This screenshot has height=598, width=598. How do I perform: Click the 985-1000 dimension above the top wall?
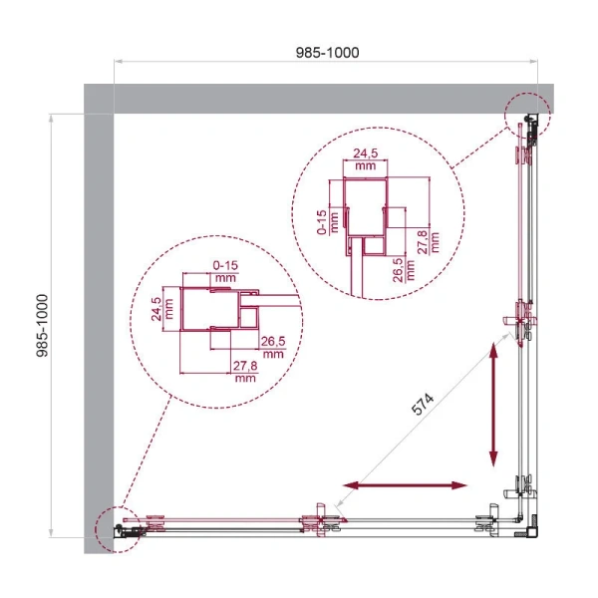[326, 52]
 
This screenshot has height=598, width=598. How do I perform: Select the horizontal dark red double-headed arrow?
[405, 485]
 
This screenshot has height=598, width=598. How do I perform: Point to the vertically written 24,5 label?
[155, 310]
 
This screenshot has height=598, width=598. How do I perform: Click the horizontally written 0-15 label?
[226, 264]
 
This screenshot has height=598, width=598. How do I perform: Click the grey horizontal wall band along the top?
[299, 99]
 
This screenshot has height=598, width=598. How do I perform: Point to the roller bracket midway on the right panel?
[525, 319]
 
